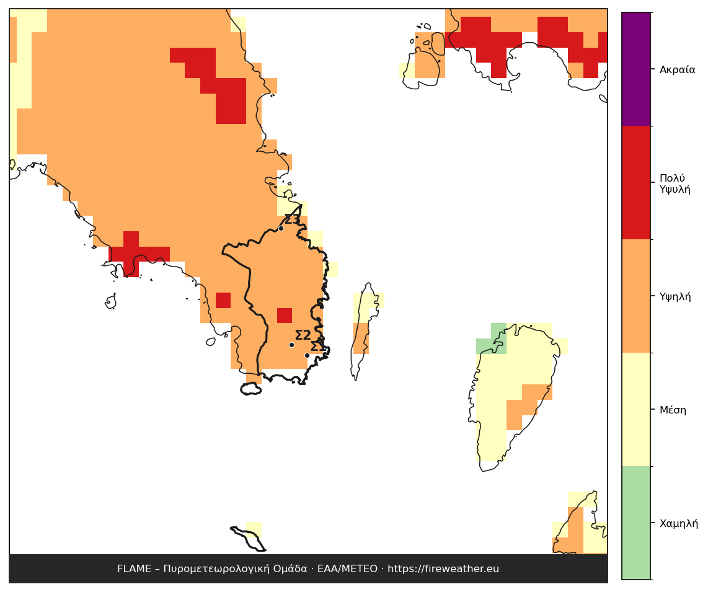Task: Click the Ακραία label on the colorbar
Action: tap(677, 69)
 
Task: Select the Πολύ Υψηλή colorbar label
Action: tap(675, 183)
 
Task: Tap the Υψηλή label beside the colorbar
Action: tap(675, 297)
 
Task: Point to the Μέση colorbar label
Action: tap(672, 410)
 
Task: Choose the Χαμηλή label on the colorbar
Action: tap(678, 523)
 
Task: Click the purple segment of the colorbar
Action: tap(635, 69)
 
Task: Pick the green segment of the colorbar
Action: tap(635, 523)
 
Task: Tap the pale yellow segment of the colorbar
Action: tap(635, 409)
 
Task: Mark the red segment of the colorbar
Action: tap(635, 182)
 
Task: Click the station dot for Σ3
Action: tap(281, 229)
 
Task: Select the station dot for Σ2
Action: tap(291, 345)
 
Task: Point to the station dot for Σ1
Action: tap(307, 355)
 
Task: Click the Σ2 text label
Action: tap(303, 335)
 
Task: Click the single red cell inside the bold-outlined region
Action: tap(285, 315)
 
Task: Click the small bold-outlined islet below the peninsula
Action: tap(251, 389)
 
